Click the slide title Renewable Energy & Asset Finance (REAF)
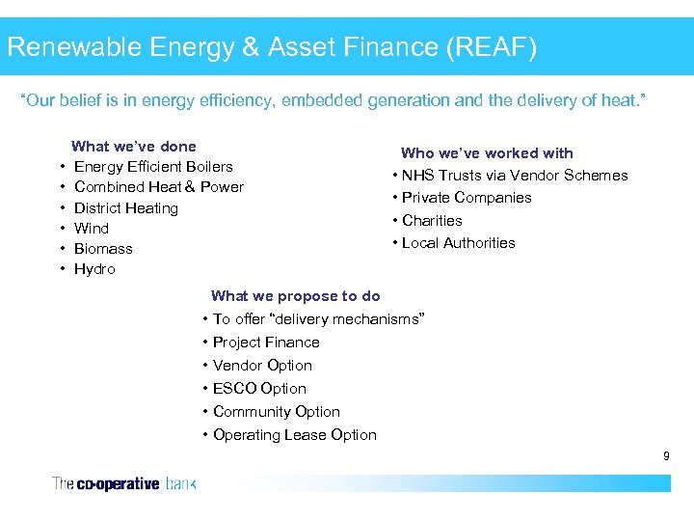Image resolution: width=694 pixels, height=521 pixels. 272,46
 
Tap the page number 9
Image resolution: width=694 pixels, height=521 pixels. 665,455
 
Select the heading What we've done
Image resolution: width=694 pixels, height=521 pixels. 134,147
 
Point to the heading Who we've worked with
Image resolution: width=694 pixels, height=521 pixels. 487,152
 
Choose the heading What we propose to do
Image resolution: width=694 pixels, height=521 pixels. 295,296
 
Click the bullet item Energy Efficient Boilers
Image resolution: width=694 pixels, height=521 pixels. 153,167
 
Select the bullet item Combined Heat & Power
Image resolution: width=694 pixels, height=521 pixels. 159,187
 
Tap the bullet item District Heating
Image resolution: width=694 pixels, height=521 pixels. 126,208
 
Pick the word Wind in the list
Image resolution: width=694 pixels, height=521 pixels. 92,229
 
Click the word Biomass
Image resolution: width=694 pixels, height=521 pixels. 103,249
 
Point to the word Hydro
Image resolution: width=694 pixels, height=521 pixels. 94,269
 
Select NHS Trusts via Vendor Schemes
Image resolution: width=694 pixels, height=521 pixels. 515,176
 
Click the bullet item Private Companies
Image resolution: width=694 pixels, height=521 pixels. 467,198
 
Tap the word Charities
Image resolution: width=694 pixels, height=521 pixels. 432,221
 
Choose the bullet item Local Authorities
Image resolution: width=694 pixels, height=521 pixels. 458,243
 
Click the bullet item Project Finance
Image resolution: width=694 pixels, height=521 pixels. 266,343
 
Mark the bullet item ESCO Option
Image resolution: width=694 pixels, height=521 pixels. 259,389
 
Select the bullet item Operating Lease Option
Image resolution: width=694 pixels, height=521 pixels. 295,435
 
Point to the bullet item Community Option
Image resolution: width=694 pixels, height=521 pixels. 277,412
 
